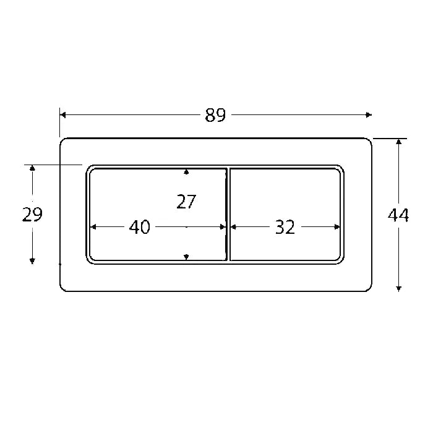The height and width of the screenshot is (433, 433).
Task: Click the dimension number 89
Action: (215, 115)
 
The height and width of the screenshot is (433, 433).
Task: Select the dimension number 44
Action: (398, 215)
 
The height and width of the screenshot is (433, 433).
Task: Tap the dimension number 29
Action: (32, 215)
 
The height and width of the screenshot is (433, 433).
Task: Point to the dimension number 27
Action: (186, 202)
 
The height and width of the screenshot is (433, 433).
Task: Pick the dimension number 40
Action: (140, 228)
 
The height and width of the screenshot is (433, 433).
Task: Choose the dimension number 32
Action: (285, 228)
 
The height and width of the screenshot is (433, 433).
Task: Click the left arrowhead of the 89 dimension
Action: (63, 114)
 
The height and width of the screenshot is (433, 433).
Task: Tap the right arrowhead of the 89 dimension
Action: (369, 114)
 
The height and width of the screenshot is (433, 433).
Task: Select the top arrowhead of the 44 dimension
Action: (399, 142)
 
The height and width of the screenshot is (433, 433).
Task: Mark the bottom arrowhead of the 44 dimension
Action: (399, 288)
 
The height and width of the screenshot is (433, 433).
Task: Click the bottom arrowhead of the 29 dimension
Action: (32, 260)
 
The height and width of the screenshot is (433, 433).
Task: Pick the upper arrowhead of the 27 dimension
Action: (186, 171)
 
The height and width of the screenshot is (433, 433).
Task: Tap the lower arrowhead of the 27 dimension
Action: (186, 257)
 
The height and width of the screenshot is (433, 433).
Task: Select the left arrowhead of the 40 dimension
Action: (94, 227)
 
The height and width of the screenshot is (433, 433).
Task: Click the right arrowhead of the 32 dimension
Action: (337, 227)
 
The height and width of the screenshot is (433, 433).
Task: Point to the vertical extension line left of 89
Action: (60, 124)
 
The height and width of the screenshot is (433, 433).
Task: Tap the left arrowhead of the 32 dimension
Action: (233, 227)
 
